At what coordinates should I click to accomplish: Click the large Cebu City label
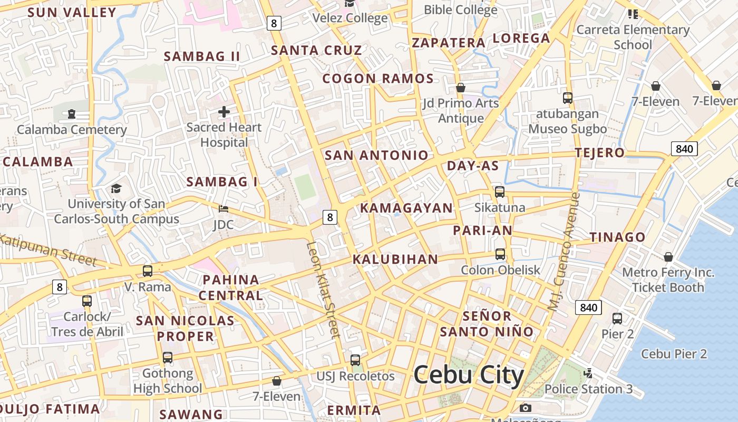468,375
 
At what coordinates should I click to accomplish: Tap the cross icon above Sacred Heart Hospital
224,112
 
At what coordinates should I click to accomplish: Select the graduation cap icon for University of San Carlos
116,188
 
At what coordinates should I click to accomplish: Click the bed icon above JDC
224,209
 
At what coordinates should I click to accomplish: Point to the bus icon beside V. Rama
148,271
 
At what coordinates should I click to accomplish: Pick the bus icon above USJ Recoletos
355,360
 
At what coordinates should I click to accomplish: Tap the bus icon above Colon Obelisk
500,254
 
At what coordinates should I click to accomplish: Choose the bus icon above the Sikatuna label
500,192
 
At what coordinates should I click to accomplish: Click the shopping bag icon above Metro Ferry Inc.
668,257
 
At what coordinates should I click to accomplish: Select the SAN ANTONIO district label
376,155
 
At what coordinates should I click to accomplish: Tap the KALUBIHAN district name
395,259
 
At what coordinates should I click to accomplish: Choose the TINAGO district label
617,237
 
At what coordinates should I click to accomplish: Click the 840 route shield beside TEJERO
684,149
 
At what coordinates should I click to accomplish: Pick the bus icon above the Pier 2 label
617,319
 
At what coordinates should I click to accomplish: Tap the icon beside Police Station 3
588,374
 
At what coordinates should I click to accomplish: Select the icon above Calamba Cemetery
72,113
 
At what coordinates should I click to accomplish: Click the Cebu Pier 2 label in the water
674,354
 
